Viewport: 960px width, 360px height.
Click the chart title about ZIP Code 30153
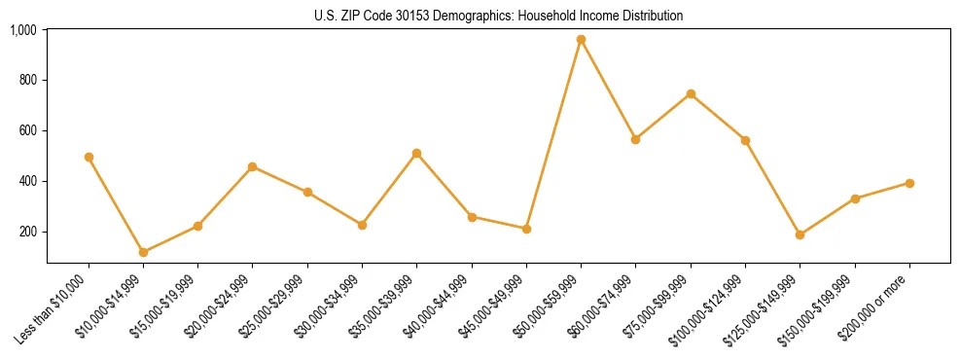tap(498, 16)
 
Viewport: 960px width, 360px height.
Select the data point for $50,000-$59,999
tap(581, 40)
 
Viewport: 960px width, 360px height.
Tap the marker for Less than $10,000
tap(89, 157)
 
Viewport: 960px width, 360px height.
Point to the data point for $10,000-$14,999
tap(143, 252)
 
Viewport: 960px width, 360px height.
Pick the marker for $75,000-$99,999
tap(691, 93)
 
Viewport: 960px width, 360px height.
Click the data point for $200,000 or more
tap(909, 183)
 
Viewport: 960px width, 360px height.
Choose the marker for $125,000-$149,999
tap(800, 234)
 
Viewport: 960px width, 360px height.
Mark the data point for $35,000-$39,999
tap(416, 153)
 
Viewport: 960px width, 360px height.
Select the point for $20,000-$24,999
tap(253, 166)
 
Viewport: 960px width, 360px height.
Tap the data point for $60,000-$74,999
tap(635, 139)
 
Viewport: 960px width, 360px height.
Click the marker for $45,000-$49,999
tap(526, 229)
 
